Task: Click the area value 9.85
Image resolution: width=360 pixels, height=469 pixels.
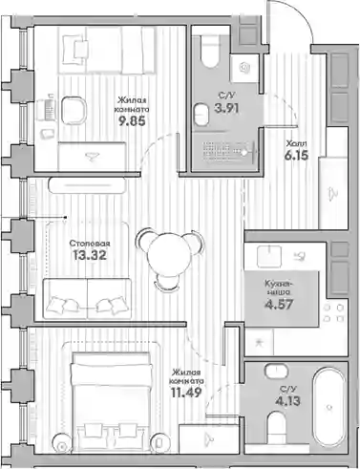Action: tap(132, 121)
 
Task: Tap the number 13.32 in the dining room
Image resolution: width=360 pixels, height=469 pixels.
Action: tap(90, 255)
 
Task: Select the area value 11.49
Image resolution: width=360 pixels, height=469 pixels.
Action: tap(186, 393)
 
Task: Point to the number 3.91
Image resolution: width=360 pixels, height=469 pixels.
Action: tap(226, 108)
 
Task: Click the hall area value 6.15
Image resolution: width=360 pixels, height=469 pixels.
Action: tap(297, 156)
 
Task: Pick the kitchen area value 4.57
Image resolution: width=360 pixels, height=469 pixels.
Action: tap(279, 305)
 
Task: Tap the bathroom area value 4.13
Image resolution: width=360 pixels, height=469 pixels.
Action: tap(287, 401)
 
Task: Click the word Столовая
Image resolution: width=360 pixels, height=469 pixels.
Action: tap(90, 244)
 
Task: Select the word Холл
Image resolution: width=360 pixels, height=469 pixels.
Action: tap(296, 143)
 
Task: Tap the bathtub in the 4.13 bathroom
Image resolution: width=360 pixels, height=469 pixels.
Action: tap(329, 407)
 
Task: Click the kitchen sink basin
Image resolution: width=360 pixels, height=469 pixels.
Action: tap(269, 257)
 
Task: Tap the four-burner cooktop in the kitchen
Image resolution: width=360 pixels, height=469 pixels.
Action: tap(333, 313)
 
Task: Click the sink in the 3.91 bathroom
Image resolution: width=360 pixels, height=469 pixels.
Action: tap(201, 114)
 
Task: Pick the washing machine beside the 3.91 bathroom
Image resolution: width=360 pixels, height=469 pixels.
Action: tap(244, 69)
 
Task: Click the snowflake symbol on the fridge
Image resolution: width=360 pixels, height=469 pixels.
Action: tap(259, 343)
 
